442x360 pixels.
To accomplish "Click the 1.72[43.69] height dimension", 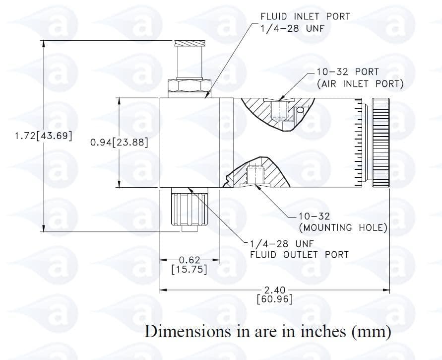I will click(44, 136).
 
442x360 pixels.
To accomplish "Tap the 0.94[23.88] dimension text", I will click(119, 143).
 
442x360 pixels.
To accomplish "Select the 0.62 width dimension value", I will click(189, 260).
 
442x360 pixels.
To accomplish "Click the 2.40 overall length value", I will click(274, 289).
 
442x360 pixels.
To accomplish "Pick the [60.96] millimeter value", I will click(274, 299).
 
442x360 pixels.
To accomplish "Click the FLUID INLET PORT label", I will click(305, 16).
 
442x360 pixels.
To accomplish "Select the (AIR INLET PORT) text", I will click(360, 83).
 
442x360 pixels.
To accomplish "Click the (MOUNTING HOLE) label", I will click(343, 227).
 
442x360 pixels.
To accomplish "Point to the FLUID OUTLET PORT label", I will click(299, 255).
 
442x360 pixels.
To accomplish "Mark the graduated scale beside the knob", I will click(358, 143).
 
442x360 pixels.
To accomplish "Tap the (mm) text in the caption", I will click(372, 331).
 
